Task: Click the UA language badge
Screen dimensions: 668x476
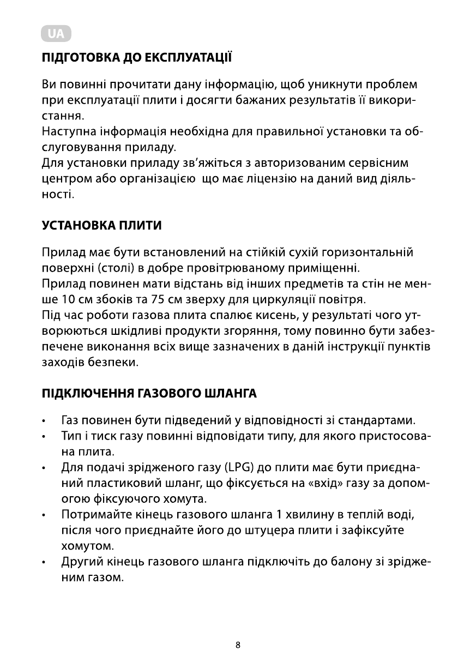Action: pos(56,34)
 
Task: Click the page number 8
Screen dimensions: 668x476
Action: pos(238,645)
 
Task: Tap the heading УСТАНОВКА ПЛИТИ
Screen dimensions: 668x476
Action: pos(101,225)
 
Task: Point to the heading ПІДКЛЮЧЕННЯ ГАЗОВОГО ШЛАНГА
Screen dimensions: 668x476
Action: pos(149,393)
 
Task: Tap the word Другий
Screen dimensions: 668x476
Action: pos(80,562)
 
